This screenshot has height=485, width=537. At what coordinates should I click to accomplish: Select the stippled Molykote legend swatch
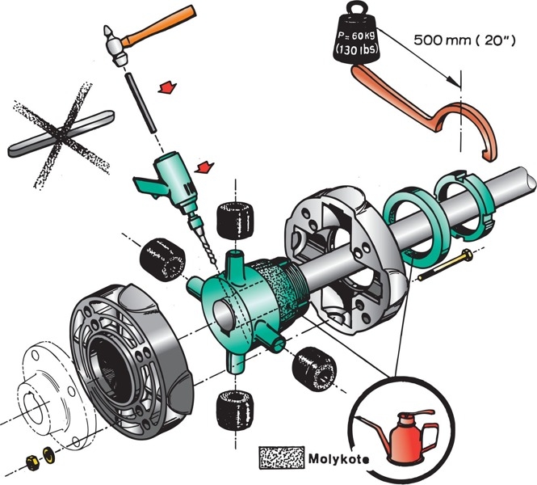(x=280, y=458)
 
